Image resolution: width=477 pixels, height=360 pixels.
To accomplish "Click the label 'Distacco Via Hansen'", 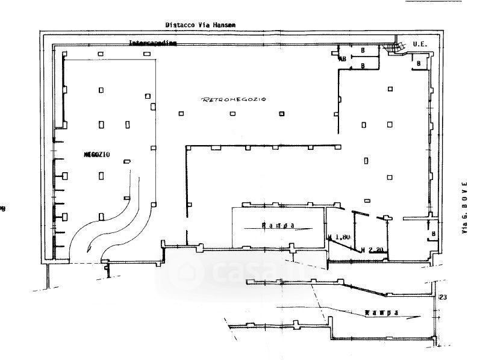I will [201, 25].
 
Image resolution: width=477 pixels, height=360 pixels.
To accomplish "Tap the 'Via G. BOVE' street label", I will [464, 208].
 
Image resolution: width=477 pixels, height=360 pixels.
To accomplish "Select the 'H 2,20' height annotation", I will [372, 249].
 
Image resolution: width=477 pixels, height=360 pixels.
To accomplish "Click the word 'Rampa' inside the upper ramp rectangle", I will [278, 226].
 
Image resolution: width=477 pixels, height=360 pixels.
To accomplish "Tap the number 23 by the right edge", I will [444, 297].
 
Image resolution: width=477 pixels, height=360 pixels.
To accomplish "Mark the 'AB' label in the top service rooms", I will [341, 59].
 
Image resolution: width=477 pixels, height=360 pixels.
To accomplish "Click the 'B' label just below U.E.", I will [418, 63].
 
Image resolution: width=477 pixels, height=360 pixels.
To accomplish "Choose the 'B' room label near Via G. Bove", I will [433, 233].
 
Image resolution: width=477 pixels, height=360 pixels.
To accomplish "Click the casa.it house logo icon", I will [182, 274].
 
